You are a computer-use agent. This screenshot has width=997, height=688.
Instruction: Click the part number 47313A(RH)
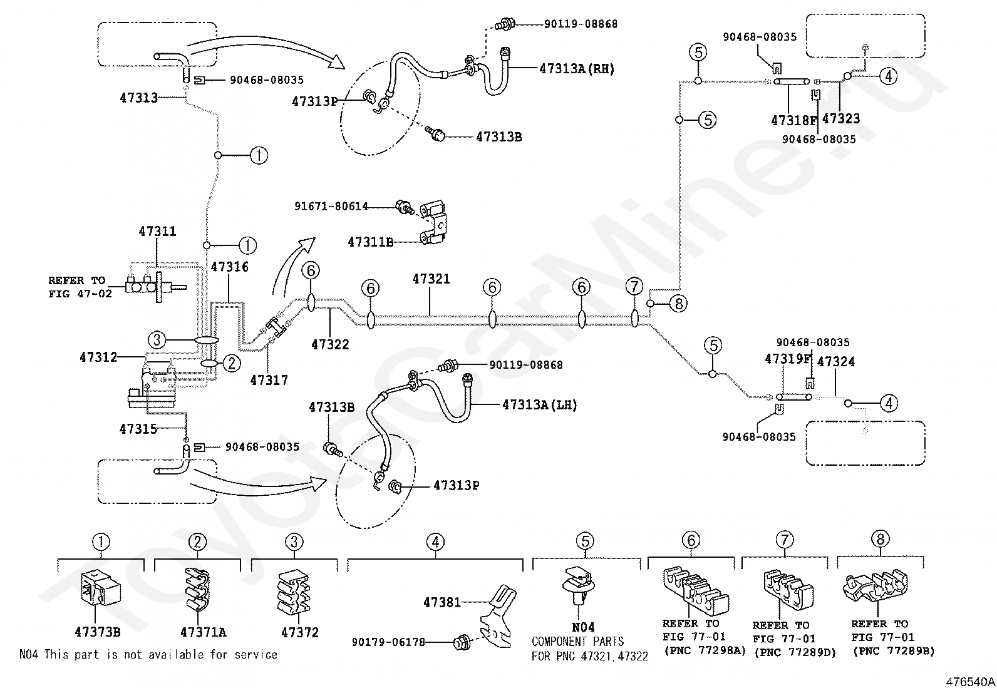(577, 68)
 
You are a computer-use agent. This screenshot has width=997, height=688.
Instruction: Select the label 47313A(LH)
(539, 404)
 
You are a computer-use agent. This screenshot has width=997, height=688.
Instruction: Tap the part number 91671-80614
(331, 206)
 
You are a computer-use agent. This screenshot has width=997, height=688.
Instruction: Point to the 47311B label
(370, 242)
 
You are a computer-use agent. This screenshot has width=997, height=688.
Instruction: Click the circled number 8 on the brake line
(678, 304)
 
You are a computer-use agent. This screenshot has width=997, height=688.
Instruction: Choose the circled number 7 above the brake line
(634, 286)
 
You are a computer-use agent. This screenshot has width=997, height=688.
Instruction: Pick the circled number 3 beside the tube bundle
(157, 340)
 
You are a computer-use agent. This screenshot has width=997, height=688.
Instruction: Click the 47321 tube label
(431, 279)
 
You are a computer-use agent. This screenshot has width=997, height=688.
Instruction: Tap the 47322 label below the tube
(330, 344)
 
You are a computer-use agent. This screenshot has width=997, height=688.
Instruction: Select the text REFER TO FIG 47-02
(80, 287)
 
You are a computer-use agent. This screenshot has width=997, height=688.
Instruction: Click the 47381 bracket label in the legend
(442, 602)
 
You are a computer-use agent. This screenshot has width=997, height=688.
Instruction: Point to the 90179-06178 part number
(388, 642)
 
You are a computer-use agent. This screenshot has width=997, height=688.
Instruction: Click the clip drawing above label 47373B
(101, 588)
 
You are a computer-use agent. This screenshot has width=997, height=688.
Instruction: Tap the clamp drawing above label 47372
(294, 591)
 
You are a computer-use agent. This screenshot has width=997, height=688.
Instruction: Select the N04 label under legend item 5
(583, 627)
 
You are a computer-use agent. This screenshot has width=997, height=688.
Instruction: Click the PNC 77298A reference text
(705, 650)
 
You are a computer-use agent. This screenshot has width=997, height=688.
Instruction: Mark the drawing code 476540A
(970, 682)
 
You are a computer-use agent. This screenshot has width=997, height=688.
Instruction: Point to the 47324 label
(836, 361)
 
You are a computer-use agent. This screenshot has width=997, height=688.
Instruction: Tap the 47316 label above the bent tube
(230, 267)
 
